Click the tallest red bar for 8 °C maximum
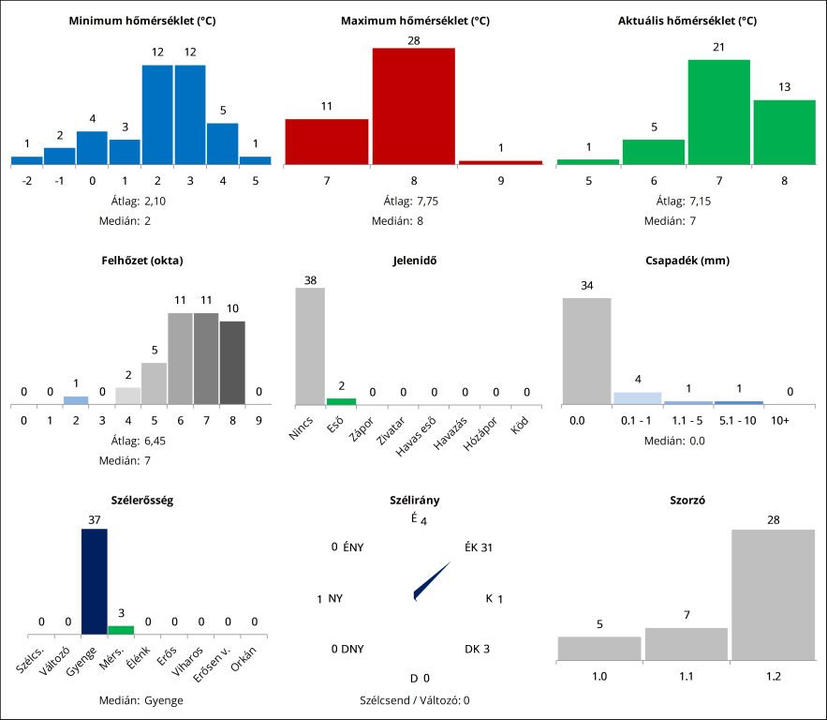point(413,105)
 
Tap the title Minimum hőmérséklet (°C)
point(142,21)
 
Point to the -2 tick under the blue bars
point(27,180)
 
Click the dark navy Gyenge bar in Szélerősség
point(95,581)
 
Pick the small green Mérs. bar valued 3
point(121,630)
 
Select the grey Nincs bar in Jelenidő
point(310,346)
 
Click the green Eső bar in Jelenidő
point(341,401)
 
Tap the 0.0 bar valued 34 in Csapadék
point(586,351)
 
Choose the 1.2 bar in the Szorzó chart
point(773,595)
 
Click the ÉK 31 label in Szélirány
point(478,547)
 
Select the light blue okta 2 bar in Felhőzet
point(76,400)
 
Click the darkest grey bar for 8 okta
point(232,363)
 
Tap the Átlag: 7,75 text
point(413,201)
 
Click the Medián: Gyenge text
point(141,699)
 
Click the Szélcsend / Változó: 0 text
point(413,699)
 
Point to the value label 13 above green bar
point(784,87)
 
